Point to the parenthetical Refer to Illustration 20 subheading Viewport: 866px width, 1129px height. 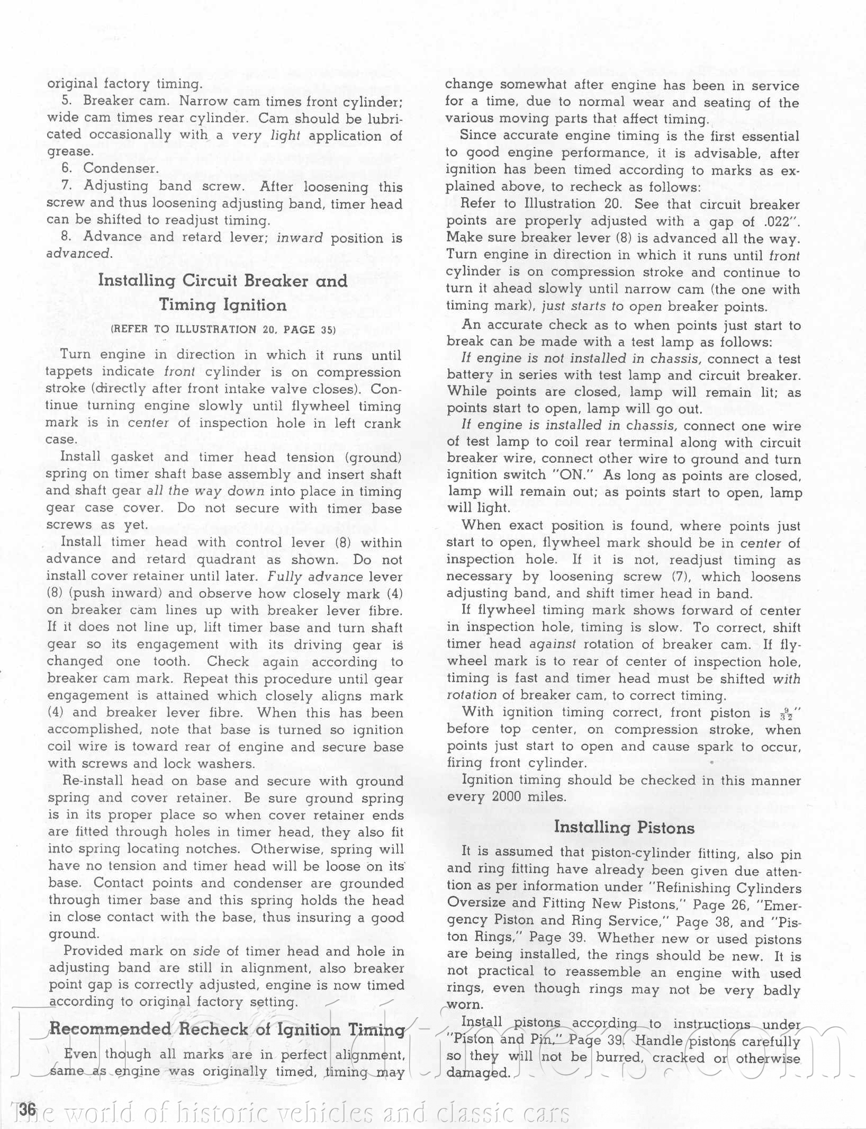[223, 329]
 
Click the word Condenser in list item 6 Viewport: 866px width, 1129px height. [121, 168]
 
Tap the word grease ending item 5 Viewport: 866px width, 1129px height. [69, 152]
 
